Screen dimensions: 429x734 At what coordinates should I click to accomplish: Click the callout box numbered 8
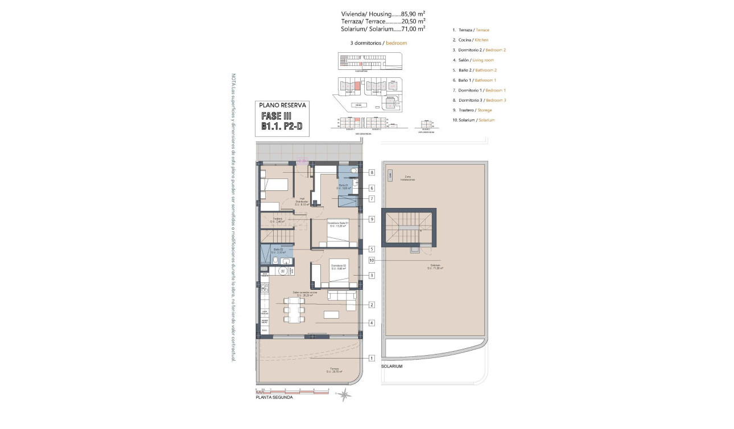372,172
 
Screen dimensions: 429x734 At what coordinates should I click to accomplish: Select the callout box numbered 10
372,260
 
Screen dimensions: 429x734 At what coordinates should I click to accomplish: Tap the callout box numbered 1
372,358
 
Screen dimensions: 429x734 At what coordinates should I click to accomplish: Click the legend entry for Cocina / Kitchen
471,40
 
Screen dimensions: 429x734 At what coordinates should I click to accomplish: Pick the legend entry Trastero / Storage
472,110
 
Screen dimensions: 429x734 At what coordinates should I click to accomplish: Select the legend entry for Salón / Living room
473,60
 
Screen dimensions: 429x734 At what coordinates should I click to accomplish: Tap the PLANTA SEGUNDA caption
274,398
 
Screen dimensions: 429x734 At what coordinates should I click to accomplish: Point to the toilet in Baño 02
274,261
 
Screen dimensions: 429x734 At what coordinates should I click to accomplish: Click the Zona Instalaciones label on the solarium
407,178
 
